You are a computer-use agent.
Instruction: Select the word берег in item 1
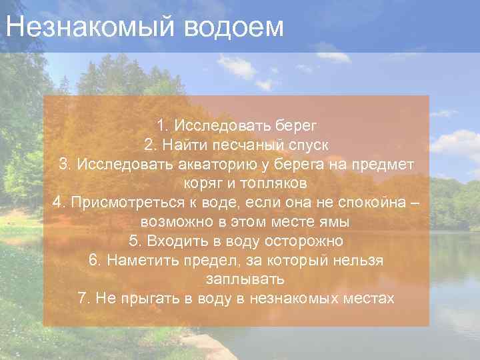click(293, 125)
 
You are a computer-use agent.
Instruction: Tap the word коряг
click(199, 183)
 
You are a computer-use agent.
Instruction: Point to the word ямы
click(317, 221)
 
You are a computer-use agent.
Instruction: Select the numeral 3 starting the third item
click(63, 164)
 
